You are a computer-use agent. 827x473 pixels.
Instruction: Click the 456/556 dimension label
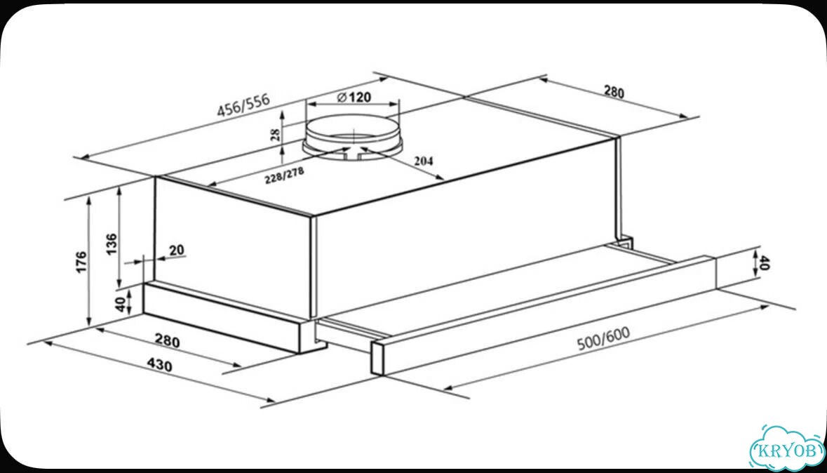[x=243, y=105]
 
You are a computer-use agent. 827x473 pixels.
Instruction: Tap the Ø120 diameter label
[x=354, y=97]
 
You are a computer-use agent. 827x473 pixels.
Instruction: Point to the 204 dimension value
[x=423, y=161]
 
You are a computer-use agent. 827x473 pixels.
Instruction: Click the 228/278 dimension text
[x=284, y=175]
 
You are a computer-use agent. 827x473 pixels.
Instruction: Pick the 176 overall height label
[x=81, y=262]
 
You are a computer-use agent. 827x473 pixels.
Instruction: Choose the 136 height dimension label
[x=112, y=244]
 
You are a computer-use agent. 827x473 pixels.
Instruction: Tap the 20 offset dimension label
[x=177, y=249]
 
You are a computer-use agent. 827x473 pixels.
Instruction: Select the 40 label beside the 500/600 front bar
[x=765, y=263]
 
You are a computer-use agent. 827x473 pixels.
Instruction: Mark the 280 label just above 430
[x=167, y=341]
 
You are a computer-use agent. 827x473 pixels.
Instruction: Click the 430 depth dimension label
[x=159, y=364]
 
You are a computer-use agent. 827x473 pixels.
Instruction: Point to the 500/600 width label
[x=603, y=338]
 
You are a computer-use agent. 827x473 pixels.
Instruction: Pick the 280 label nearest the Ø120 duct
[x=613, y=92]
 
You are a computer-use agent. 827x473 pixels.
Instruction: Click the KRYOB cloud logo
[x=787, y=449]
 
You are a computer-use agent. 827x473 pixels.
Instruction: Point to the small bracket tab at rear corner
[x=626, y=241]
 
